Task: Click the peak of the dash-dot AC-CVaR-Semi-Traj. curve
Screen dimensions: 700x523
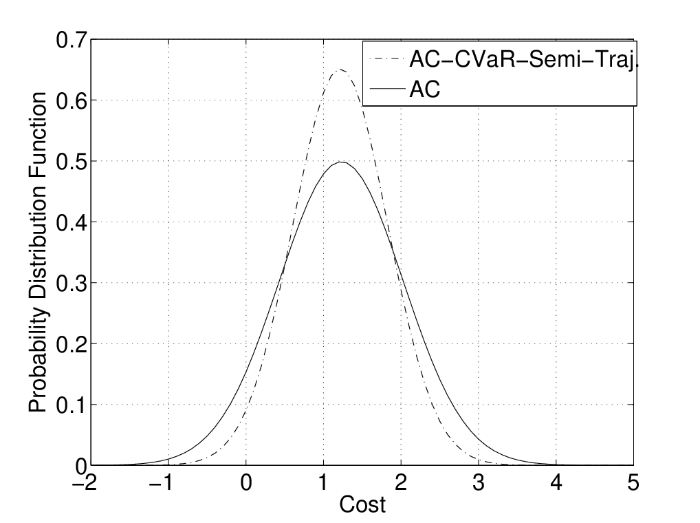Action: pyautogui.click(x=340, y=70)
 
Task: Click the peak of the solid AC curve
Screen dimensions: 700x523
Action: pyautogui.click(x=340, y=162)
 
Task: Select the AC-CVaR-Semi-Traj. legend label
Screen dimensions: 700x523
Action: pyautogui.click(x=523, y=60)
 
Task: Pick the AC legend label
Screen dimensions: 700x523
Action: pyautogui.click(x=424, y=89)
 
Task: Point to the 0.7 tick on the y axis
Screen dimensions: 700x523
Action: pyautogui.click(x=71, y=40)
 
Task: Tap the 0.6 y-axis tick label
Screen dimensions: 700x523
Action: pyautogui.click(x=71, y=101)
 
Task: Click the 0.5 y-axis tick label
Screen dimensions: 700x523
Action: pyautogui.click(x=71, y=162)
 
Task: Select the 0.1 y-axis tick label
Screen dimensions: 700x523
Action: pyautogui.click(x=71, y=405)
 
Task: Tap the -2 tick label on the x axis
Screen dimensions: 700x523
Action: pyautogui.click(x=85, y=483)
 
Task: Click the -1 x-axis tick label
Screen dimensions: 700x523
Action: pyautogui.click(x=162, y=483)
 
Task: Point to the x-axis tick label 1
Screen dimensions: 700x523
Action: pyautogui.click(x=324, y=483)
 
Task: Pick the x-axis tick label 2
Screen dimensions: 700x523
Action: pyautogui.click(x=401, y=483)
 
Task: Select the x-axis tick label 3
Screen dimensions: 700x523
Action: pyautogui.click(x=479, y=483)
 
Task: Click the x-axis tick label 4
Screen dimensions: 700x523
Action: pyautogui.click(x=556, y=483)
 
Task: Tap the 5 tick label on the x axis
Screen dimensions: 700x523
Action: pyautogui.click(x=633, y=483)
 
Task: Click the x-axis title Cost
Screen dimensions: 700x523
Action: pyautogui.click(x=362, y=504)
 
